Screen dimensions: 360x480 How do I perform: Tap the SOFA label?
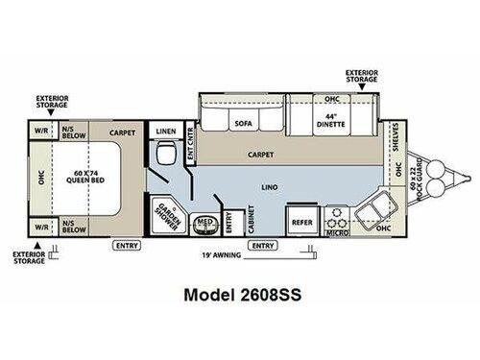point(242,124)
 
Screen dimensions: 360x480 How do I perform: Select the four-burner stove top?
point(338,215)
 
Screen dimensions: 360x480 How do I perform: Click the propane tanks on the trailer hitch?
point(437,179)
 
